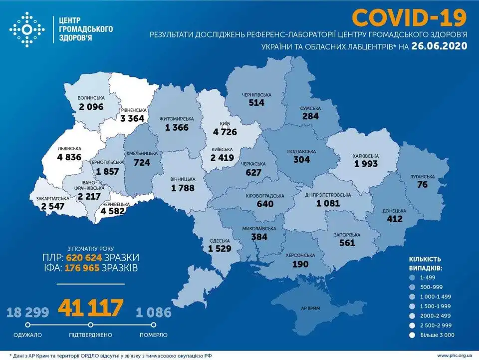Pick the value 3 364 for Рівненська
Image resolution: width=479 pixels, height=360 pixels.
tap(135, 118)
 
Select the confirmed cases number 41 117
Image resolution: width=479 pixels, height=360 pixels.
tap(91, 308)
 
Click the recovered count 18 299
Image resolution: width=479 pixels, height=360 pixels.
tap(28, 313)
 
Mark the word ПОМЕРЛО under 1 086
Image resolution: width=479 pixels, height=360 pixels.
tap(153, 335)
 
